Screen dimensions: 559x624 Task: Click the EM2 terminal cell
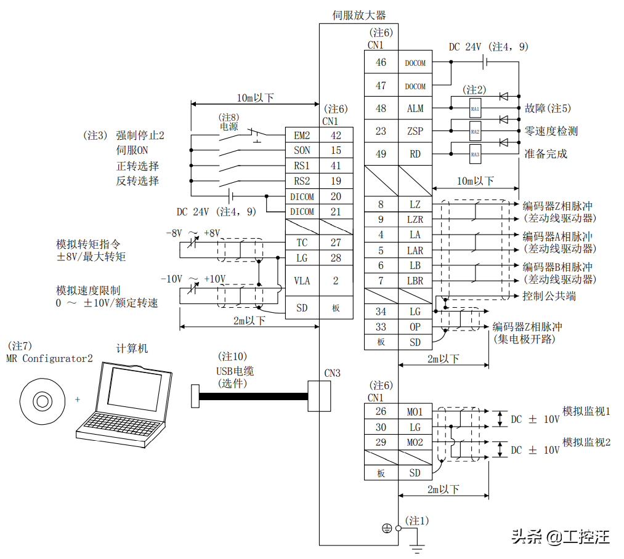coord(302,135)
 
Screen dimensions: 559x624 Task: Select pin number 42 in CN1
coord(336,135)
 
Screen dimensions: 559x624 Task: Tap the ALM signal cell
coord(415,108)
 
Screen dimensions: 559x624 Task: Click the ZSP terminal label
coord(415,131)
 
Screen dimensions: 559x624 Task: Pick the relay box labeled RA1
coord(475,108)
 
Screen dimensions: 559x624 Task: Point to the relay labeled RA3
coord(475,155)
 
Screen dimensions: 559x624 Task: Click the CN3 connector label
coord(332,373)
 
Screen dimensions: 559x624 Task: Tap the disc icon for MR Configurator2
coord(42,402)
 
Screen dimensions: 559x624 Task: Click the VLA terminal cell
coord(302,281)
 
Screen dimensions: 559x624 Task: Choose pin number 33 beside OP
coord(381,327)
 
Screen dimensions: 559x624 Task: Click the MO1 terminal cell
coord(415,411)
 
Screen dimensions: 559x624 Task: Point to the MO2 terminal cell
coord(415,442)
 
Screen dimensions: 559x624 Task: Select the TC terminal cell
coord(302,243)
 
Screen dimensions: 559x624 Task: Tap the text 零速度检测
coord(551,131)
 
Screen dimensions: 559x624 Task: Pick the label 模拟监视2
coord(586,442)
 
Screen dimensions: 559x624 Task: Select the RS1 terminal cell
coord(302,166)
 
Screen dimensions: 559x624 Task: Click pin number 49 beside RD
coord(381,154)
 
